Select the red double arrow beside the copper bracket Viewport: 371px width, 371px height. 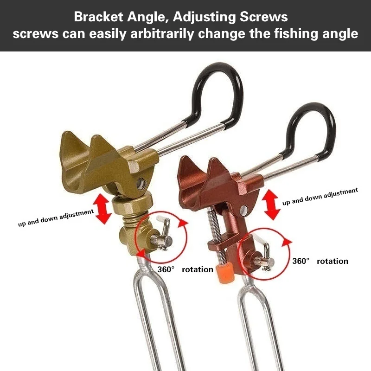[272, 204]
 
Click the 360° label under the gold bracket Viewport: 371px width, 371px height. [166, 269]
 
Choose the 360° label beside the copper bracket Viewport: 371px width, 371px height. [301, 261]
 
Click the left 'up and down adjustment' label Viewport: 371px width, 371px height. [56, 217]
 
